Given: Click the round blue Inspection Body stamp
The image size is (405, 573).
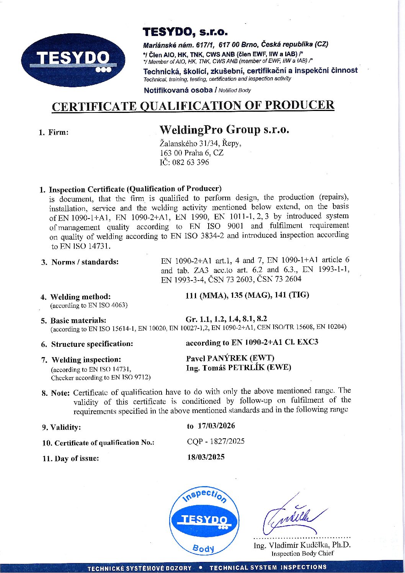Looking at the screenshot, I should (x=204, y=521).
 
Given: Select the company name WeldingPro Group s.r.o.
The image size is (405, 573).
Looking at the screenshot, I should (x=224, y=130).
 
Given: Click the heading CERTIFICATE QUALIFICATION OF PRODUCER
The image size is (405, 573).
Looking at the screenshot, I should (x=193, y=106).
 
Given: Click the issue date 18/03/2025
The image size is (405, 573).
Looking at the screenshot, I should (x=206, y=457).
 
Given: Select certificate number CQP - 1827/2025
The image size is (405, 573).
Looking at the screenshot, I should (x=216, y=441).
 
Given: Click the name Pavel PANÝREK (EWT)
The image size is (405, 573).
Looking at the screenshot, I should (x=230, y=358).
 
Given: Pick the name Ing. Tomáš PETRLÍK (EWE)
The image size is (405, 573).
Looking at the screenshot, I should (x=238, y=368).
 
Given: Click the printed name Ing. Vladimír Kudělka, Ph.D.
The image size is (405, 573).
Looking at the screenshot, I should (x=302, y=545).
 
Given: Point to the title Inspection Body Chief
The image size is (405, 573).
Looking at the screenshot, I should (x=302, y=553).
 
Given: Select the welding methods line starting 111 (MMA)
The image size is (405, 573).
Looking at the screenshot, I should (x=247, y=295).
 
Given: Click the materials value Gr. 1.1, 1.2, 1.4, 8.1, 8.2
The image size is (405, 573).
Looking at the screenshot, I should (x=226, y=319).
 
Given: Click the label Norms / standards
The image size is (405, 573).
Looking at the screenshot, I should (x=85, y=262).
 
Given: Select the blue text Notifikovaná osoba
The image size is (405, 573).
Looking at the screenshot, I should (x=178, y=90).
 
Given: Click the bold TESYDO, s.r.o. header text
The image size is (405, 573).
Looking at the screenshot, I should (x=185, y=31).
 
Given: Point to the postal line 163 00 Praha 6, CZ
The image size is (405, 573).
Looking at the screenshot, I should (x=191, y=153).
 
